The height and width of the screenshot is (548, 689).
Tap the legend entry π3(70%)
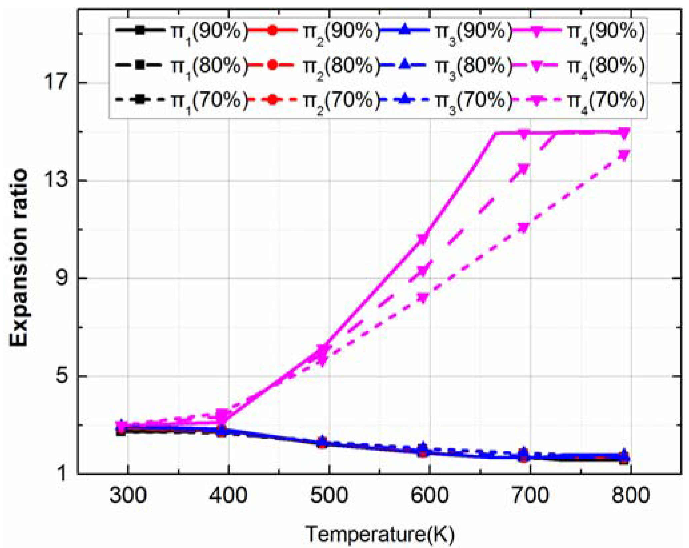pos(445,100)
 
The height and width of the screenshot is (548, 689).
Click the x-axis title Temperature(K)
pos(380,534)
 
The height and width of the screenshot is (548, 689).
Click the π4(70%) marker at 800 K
pos(624,155)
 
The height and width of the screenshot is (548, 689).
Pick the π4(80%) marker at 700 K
pos(524,169)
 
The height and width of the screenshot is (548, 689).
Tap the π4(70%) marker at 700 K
pos(524,228)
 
